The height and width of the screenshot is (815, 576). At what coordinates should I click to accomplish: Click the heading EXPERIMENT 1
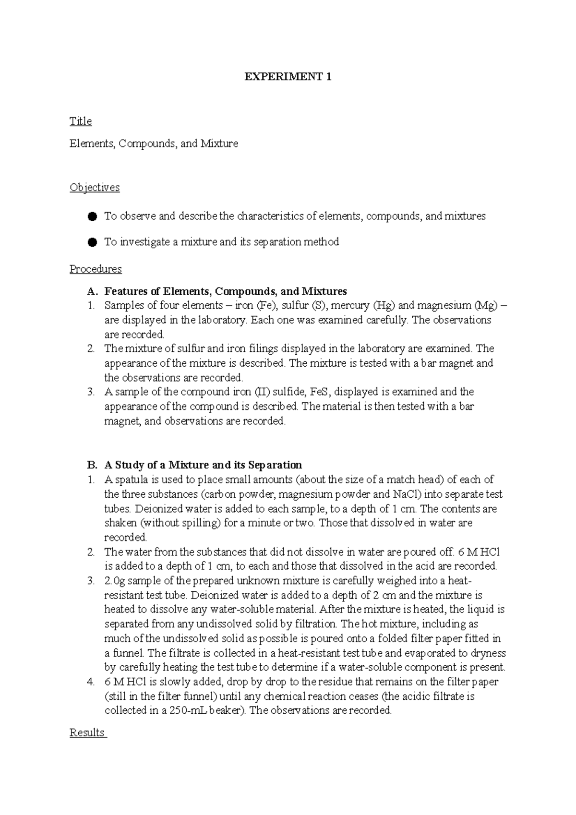pyautogui.click(x=288, y=77)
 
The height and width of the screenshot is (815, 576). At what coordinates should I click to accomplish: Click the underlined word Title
pyautogui.click(x=80, y=121)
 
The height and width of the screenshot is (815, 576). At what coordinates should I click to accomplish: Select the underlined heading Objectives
pyautogui.click(x=94, y=188)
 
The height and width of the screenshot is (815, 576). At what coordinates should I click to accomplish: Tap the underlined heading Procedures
pyautogui.click(x=96, y=269)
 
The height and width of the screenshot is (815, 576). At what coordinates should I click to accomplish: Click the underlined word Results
pyautogui.click(x=87, y=732)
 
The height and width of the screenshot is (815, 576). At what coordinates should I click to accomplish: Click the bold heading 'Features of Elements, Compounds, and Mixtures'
pyautogui.click(x=225, y=291)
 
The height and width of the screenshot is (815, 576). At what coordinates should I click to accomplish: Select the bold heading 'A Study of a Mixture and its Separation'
pyautogui.click(x=203, y=465)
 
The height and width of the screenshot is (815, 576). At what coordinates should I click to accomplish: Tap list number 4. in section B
pyautogui.click(x=91, y=682)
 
